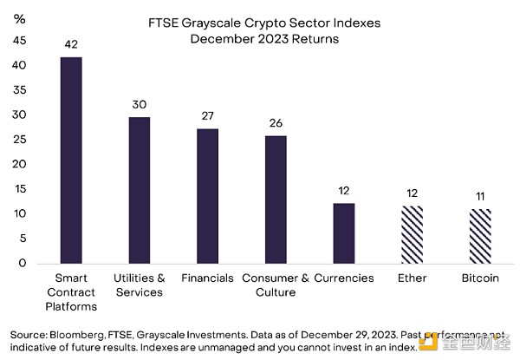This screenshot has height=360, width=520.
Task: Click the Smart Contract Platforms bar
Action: (x=70, y=160)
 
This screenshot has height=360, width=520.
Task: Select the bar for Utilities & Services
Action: (x=139, y=190)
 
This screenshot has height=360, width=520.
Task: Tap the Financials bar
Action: (x=208, y=196)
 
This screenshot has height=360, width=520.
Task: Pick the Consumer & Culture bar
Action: (x=276, y=200)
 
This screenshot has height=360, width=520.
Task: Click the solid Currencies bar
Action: (x=343, y=233)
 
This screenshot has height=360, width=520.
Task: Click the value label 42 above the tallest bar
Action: (x=70, y=43)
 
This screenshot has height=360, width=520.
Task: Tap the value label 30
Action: (x=139, y=104)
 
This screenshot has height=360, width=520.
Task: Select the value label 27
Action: (x=208, y=115)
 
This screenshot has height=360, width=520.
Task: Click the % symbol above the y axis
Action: (x=20, y=18)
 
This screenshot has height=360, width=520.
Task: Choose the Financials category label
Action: (x=208, y=278)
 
